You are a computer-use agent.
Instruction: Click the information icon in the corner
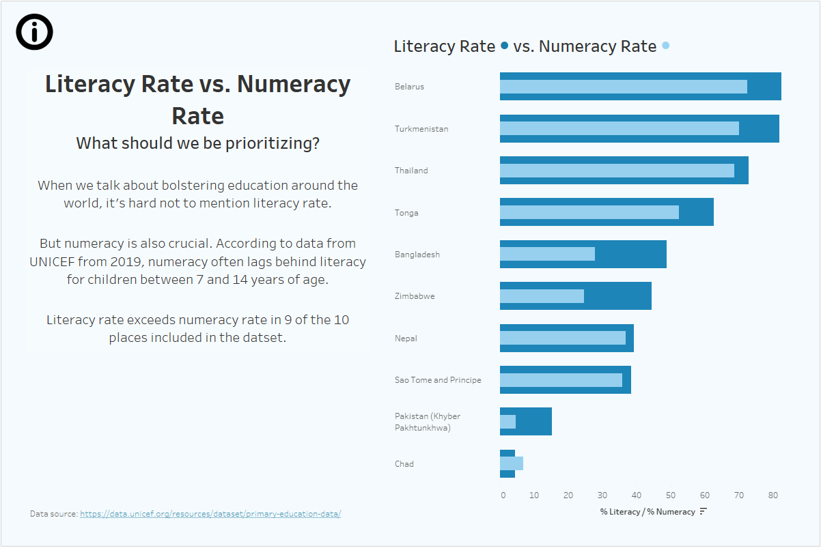click(34, 31)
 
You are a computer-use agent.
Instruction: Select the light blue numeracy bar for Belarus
click(623, 87)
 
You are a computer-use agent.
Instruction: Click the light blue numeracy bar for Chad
click(512, 463)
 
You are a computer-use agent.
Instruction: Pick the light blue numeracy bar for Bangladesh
click(547, 254)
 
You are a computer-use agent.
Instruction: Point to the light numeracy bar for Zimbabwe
click(542, 296)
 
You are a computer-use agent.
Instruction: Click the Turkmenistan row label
click(421, 129)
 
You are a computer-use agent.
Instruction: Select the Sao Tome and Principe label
click(438, 380)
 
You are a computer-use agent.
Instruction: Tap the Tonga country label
click(406, 213)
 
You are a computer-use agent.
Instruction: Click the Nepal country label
click(406, 338)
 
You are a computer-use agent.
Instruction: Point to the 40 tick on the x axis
click(637, 495)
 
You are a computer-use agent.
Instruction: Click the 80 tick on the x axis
click(773, 495)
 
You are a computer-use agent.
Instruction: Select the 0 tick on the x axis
click(503, 495)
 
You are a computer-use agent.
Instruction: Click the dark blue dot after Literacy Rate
click(504, 46)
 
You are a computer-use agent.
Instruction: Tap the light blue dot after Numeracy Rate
click(666, 46)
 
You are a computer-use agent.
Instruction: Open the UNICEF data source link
click(210, 514)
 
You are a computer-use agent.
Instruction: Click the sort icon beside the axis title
click(704, 511)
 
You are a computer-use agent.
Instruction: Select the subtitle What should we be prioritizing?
click(197, 143)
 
